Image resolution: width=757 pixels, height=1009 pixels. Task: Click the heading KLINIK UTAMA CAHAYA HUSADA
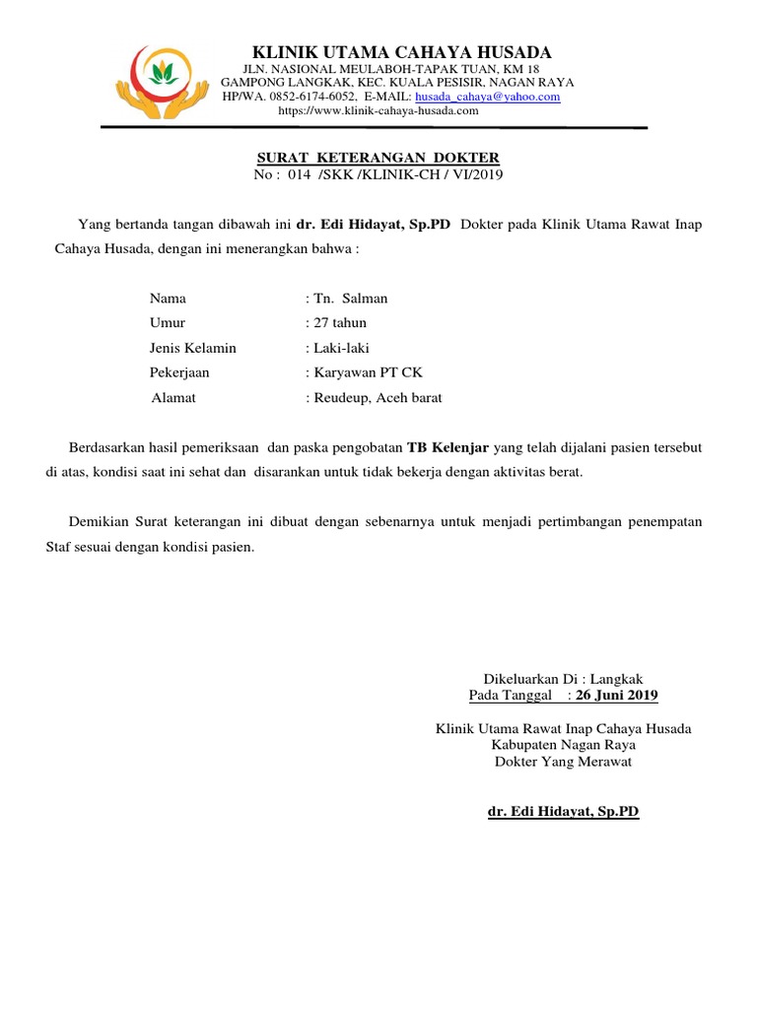point(402,52)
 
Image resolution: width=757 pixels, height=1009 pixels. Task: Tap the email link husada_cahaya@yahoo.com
point(487,98)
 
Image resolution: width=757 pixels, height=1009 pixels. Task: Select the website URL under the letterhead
point(378,111)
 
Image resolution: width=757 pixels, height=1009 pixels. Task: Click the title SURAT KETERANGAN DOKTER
point(378,158)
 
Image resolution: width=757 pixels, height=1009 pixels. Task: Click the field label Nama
point(168,298)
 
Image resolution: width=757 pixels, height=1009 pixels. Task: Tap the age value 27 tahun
point(340,322)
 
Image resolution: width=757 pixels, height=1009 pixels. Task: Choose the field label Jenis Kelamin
point(193,348)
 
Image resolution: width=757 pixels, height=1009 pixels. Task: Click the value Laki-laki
point(342,348)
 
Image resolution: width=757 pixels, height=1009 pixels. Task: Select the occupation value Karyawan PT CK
point(368,372)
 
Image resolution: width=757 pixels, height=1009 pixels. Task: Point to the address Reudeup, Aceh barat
point(378,398)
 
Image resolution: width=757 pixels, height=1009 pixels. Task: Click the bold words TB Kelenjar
point(447,446)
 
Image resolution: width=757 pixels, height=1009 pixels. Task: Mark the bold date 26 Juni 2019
point(616,696)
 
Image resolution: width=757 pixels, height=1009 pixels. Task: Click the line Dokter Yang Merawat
point(563,762)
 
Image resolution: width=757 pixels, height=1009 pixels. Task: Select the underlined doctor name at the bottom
point(564,811)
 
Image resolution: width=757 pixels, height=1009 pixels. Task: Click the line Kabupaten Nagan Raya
point(563,745)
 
